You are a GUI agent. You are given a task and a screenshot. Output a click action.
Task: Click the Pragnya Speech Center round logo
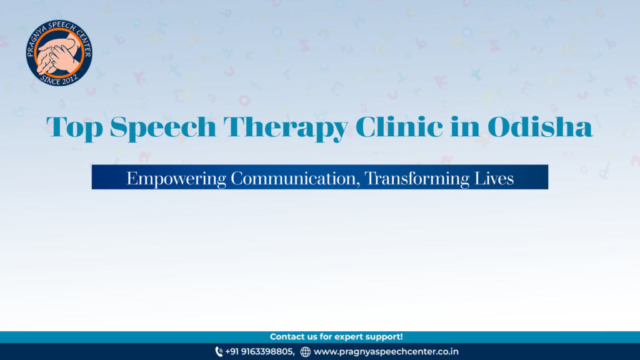(59, 52)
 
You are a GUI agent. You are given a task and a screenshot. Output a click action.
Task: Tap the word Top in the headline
(74, 127)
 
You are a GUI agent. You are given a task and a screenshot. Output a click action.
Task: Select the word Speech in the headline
(163, 127)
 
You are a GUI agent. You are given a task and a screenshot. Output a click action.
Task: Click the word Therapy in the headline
(286, 127)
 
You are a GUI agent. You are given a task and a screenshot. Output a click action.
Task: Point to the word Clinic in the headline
(399, 126)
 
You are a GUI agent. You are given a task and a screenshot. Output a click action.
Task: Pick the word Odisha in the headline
(540, 126)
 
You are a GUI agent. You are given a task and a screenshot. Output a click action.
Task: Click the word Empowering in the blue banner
(176, 179)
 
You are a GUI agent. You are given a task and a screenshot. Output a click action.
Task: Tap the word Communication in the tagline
(296, 178)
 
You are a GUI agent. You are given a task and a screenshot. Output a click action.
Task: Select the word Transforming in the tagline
(417, 179)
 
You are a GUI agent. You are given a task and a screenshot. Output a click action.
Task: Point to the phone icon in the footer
(219, 351)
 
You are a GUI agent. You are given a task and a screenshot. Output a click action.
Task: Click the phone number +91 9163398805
(259, 351)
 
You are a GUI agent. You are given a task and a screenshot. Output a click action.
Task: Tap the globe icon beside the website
(305, 351)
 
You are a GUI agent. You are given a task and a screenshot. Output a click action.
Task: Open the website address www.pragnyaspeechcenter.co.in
(386, 351)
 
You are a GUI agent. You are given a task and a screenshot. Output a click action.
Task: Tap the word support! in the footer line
(384, 337)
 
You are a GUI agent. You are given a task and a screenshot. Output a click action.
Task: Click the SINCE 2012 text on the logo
(59, 79)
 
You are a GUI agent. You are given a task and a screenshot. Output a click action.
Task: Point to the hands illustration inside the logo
(58, 52)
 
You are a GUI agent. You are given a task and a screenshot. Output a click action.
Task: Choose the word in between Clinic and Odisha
(465, 126)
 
